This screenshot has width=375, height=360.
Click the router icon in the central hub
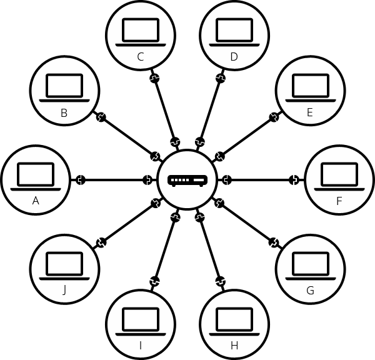pyautogui.click(x=187, y=181)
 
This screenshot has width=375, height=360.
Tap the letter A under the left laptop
pyautogui.click(x=36, y=201)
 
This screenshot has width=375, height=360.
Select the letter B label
pyautogui.click(x=64, y=113)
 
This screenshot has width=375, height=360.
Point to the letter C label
pyautogui.click(x=141, y=57)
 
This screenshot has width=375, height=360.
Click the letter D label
pyautogui.click(x=234, y=57)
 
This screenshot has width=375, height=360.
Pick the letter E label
pyautogui.click(x=310, y=112)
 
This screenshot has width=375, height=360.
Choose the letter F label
pyautogui.click(x=339, y=201)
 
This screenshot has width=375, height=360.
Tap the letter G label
pyautogui.click(x=310, y=291)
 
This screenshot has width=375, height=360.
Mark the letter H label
pyautogui.click(x=234, y=346)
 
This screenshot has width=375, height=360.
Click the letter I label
pyautogui.click(x=141, y=346)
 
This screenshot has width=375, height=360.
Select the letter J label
pyautogui.click(x=64, y=291)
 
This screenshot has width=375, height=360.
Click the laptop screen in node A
pyautogui.click(x=36, y=174)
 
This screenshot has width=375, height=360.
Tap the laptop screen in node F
pyautogui.click(x=339, y=174)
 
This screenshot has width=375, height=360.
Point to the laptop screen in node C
pyautogui.click(x=141, y=30)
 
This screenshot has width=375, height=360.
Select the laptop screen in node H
pyautogui.click(x=234, y=319)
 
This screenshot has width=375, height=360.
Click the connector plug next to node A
pyautogui.click(x=81, y=180)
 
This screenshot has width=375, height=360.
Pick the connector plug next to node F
pyautogui.click(x=294, y=180)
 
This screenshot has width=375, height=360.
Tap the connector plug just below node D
pyautogui.click(x=221, y=78)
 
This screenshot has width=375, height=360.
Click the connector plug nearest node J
pyautogui.click(x=101, y=242)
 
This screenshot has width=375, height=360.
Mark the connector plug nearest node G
pyautogui.click(x=274, y=242)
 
